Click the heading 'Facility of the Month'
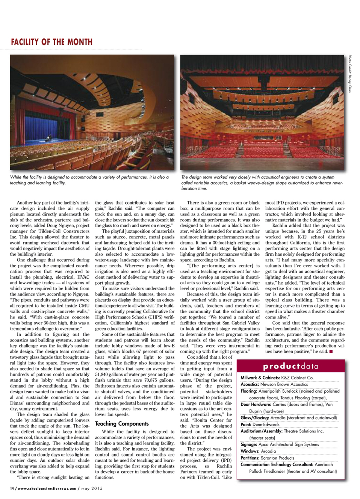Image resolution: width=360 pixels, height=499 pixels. [x=51, y=42]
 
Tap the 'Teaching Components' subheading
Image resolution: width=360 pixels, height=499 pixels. [x=122, y=423]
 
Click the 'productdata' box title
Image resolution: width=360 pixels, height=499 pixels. [x=290, y=366]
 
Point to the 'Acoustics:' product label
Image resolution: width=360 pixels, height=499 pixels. [x=250, y=384]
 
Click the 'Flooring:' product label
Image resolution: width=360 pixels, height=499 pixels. [x=249, y=391]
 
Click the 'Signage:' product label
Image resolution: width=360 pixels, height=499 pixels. [x=249, y=444]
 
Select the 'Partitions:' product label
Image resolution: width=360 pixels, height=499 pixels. [x=250, y=458]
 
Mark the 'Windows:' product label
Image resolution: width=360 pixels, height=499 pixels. [x=250, y=451]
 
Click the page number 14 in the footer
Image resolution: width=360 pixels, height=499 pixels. [x=12, y=488]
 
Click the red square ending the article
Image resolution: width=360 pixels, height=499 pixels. [x=331, y=352]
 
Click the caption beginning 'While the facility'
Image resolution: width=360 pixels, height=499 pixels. [x=89, y=180]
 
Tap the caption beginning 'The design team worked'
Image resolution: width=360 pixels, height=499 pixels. [x=262, y=182]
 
